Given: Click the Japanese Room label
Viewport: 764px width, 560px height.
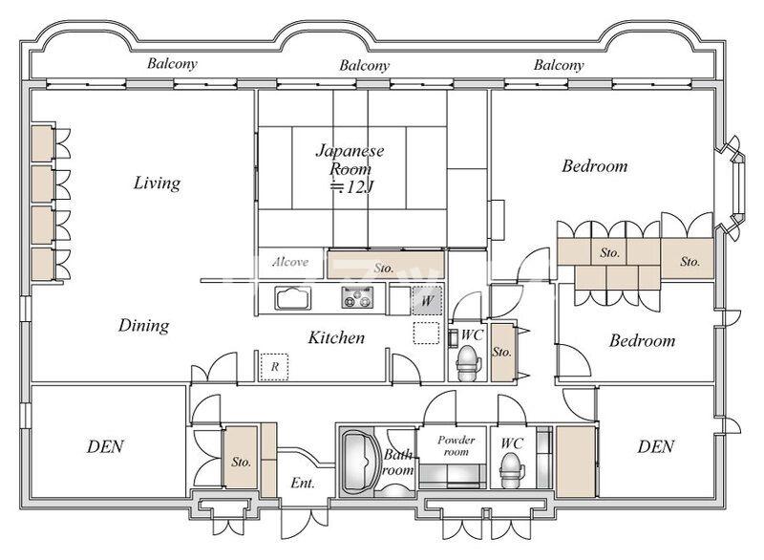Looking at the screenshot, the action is (x=350, y=168).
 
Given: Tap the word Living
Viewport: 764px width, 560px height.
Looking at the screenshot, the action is (x=157, y=183).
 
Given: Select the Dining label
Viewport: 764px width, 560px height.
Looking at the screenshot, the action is (x=144, y=326).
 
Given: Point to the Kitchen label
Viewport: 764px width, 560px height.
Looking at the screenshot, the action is (x=336, y=337).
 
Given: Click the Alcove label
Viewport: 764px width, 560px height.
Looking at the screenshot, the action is (x=290, y=262).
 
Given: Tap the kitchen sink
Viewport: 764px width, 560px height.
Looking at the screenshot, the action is (x=292, y=298).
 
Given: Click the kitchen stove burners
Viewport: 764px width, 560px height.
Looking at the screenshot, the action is (x=357, y=297).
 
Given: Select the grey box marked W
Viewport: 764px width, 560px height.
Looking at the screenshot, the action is (x=427, y=300).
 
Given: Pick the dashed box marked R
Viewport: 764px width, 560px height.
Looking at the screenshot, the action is (x=274, y=367).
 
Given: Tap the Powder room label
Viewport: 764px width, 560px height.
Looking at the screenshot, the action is (x=456, y=445).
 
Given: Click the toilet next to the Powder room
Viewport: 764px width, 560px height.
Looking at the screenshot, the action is (x=511, y=471).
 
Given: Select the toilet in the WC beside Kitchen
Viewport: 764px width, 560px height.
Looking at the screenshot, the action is (x=468, y=363).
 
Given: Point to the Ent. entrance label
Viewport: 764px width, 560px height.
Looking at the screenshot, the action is (x=303, y=483).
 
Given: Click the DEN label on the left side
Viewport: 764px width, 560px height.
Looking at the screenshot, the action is (x=105, y=446).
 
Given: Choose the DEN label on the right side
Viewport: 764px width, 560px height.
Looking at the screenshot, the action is (x=656, y=446).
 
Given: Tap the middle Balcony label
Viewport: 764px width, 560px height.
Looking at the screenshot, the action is (x=365, y=65).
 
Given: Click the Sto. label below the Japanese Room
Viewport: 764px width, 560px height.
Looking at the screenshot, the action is (x=384, y=268).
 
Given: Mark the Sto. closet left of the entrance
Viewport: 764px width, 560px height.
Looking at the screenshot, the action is (x=241, y=458).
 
